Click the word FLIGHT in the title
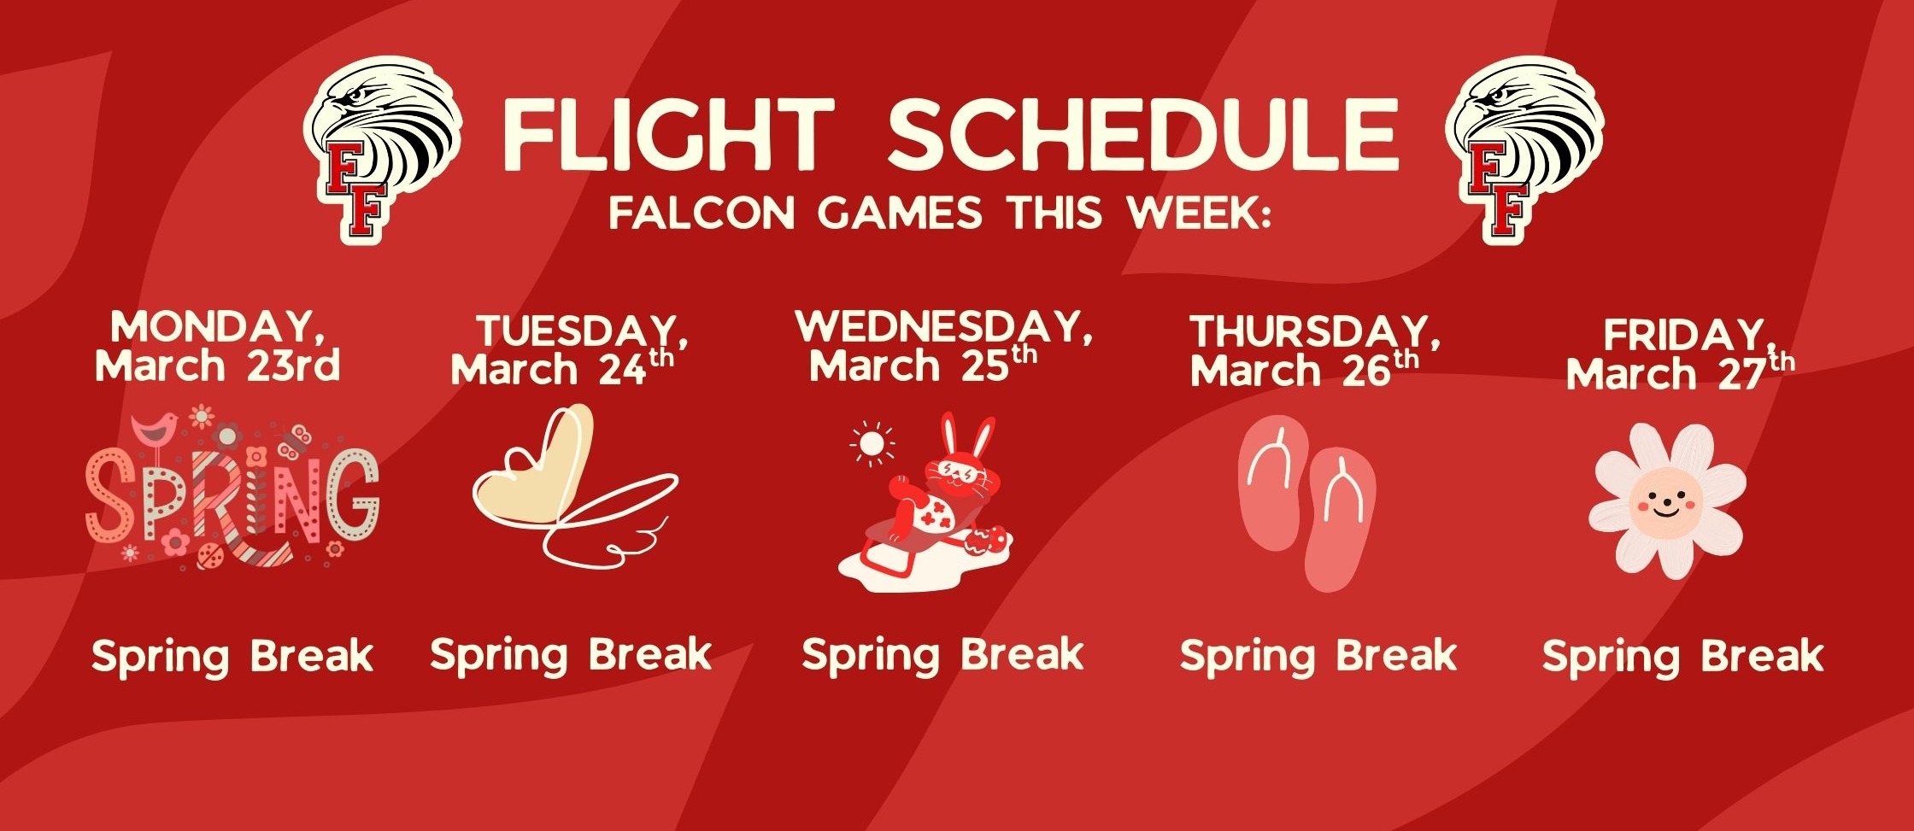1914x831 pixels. click(667, 135)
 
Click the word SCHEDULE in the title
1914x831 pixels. click(1143, 135)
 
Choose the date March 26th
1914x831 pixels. click(1304, 369)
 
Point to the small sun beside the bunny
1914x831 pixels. click(872, 444)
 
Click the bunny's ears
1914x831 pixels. click(968, 436)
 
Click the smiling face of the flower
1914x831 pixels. click(1663, 501)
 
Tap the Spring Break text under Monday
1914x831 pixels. click(232, 657)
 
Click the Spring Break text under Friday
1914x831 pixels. click(1682, 657)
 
